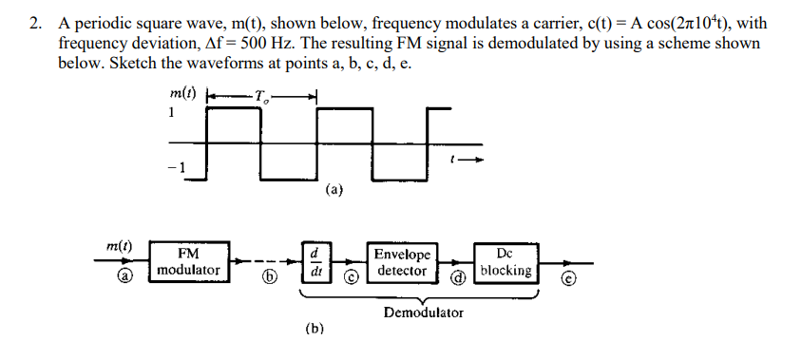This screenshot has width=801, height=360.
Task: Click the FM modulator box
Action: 187,262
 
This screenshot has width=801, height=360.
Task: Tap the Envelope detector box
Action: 402,262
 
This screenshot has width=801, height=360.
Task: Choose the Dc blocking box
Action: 505,262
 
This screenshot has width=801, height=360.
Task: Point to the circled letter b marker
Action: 270,279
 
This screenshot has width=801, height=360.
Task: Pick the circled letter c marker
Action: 350,279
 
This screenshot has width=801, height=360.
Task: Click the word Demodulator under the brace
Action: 423,312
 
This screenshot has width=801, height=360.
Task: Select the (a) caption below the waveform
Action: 334,189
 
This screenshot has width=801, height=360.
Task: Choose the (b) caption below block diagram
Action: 315,330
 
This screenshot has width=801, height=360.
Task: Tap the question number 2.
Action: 35,24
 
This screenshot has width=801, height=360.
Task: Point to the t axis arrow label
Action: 467,161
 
